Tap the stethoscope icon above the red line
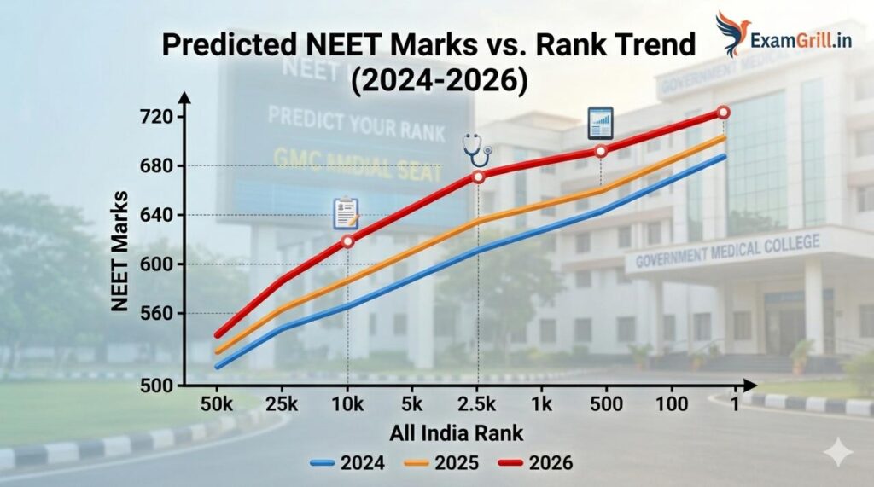[x=477, y=149]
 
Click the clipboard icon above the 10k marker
[x=346, y=213]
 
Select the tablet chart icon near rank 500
[x=601, y=124]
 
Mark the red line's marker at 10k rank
[x=347, y=241]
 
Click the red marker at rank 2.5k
[x=478, y=177]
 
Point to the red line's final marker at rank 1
[x=723, y=113]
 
